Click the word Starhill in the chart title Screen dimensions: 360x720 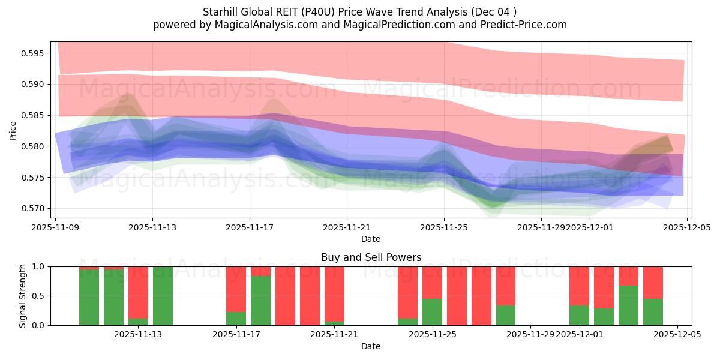click(220, 12)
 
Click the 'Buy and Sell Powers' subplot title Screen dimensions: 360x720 click(371, 257)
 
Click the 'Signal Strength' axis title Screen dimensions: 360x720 click(23, 296)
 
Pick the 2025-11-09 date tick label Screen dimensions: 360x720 click(55, 228)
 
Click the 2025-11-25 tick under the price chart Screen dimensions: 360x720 click(444, 228)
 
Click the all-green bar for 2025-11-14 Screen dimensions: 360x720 click(163, 296)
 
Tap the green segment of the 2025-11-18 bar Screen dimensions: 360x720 click(260, 300)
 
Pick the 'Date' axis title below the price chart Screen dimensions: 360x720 click(371, 239)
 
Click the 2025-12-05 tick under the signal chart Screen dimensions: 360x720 click(677, 335)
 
